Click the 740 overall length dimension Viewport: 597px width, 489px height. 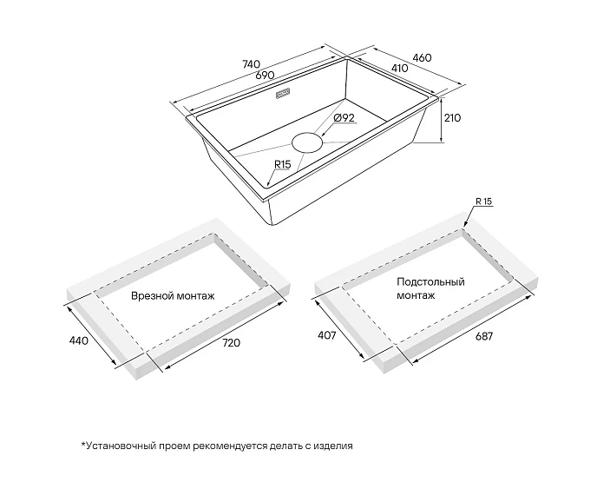(252, 64)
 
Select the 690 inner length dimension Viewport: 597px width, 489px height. (265, 75)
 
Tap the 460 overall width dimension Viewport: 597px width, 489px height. (423, 58)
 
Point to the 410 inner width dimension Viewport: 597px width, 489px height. (399, 69)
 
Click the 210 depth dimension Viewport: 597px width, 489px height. (452, 118)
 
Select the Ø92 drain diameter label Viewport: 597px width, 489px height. (344, 118)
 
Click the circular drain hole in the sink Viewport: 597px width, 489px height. (307, 143)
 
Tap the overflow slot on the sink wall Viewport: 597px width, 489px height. (283, 94)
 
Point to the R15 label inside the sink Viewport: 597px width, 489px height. (283, 165)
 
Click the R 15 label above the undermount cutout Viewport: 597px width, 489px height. (484, 202)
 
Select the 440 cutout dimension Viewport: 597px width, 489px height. (78, 340)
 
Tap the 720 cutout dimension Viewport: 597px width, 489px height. (231, 343)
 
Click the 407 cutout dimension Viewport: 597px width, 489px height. (327, 335)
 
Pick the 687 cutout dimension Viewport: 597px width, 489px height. (483, 336)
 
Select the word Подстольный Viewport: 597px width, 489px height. (430, 282)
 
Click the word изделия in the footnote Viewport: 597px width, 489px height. (333, 446)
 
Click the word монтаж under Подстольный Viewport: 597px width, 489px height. (416, 295)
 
